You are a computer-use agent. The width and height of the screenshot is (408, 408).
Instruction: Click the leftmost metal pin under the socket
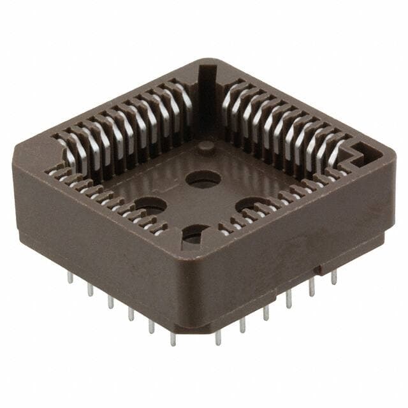point(68,277)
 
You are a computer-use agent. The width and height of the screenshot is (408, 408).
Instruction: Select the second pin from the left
point(90,289)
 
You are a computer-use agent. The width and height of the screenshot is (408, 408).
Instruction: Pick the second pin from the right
point(312,288)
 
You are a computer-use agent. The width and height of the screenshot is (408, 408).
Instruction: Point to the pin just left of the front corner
point(173,339)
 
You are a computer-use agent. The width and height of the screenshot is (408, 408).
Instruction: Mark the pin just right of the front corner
point(218,337)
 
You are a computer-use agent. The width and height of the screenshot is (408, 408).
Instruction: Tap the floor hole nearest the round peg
point(203,179)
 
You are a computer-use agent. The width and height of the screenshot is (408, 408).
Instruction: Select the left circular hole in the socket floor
point(150,206)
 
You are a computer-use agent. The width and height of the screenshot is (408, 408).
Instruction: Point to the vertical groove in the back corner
point(208,96)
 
